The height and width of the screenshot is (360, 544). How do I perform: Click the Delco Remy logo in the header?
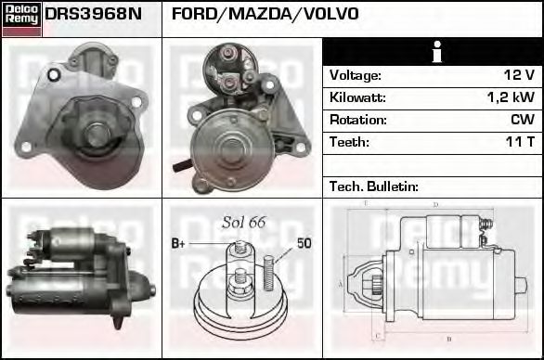21,18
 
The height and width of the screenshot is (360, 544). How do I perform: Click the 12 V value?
519,75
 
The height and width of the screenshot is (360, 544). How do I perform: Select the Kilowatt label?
357,97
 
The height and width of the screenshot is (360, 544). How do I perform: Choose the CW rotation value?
523,120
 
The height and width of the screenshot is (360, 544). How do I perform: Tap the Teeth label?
349,142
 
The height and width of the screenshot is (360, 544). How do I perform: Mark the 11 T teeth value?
520,142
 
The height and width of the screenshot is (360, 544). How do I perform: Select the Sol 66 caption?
243,222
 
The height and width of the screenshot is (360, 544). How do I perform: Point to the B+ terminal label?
180,243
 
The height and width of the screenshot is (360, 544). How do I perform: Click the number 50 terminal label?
304,243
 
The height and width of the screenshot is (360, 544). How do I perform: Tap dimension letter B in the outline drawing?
449,339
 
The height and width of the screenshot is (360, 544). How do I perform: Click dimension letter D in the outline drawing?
435,205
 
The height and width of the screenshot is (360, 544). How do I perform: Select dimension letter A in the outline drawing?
340,283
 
